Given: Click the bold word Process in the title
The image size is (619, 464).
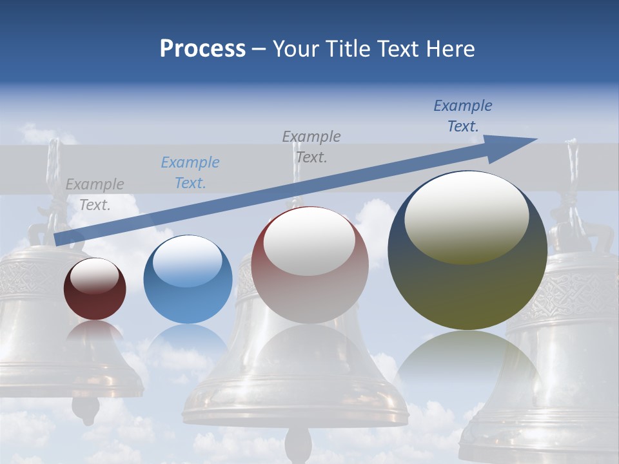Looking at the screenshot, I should point(202,49).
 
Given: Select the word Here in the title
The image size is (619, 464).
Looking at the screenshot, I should point(449,49).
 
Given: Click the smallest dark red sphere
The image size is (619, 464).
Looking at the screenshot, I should point(95,289).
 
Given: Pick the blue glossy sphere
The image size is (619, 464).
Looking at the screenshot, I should point(188,279).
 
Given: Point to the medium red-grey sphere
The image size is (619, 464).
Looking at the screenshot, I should point(310,265).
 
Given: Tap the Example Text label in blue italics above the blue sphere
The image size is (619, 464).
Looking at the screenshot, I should point(190,173).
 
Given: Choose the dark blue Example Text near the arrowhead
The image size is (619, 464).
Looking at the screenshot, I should point(463,116).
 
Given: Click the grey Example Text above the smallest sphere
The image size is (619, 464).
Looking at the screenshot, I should point(95,195).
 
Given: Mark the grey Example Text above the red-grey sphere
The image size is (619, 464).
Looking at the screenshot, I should point(311,146).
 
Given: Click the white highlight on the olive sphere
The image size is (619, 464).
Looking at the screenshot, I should point(466,216).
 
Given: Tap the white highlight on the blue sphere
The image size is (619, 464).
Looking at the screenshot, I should point(187,261).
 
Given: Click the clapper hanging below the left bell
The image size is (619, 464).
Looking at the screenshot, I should point(86,409).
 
